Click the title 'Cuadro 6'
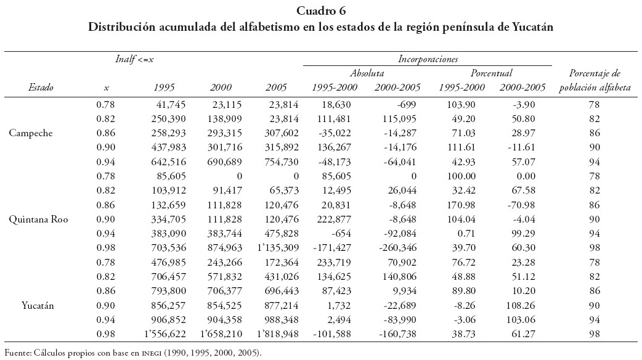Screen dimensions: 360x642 point(320,10)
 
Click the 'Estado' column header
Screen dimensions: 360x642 point(41,88)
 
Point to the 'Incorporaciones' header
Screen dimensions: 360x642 point(428,59)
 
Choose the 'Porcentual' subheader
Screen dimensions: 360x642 point(491,73)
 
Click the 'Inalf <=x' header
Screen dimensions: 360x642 point(134,59)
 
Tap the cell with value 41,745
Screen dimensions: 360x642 point(160,105)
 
